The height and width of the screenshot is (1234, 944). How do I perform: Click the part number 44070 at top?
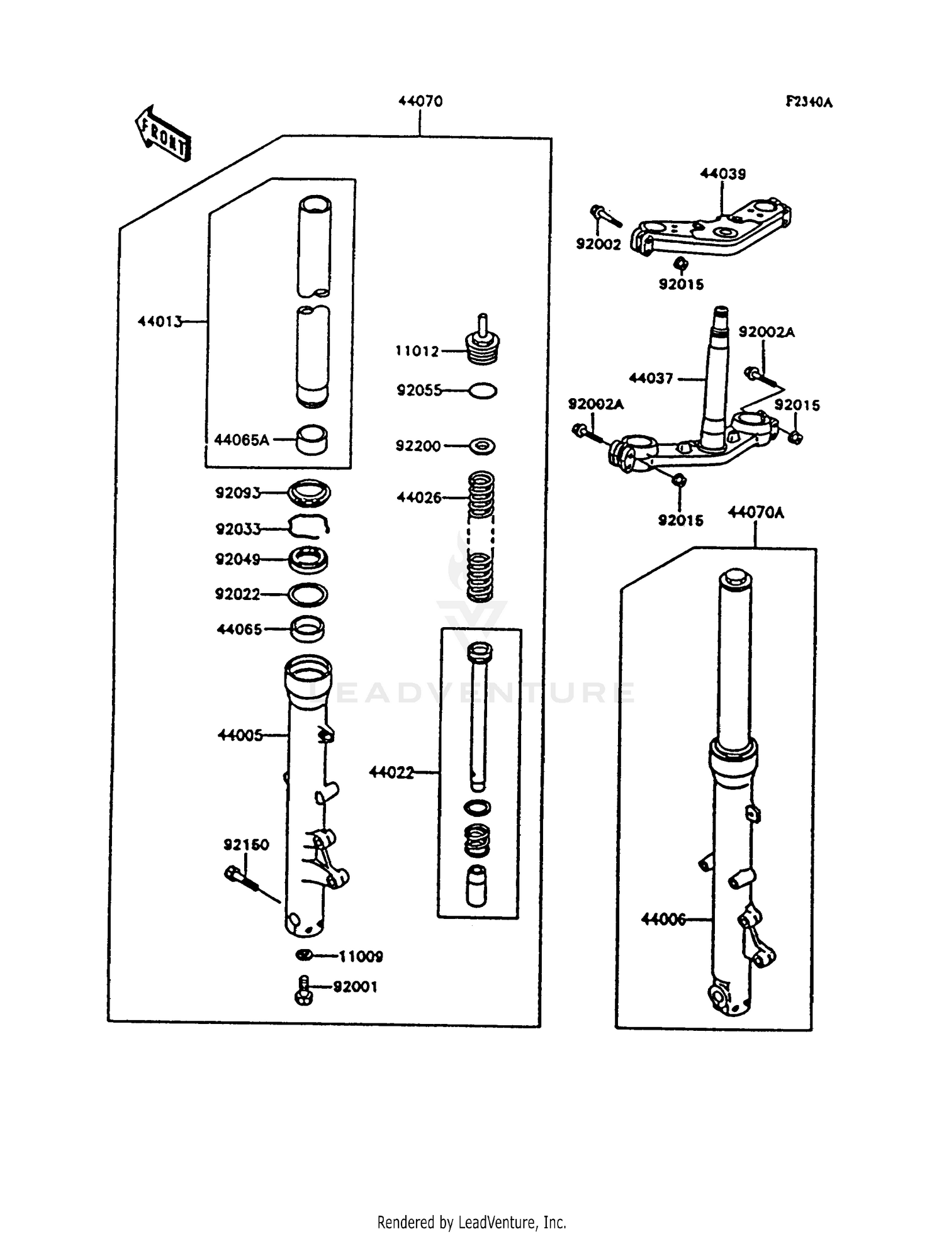(x=420, y=101)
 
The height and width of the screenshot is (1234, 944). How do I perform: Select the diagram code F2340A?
(x=809, y=102)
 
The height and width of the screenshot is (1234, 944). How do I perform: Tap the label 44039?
(x=722, y=174)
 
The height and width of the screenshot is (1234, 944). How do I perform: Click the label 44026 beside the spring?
(x=419, y=497)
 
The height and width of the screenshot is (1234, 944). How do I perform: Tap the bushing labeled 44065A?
(x=312, y=440)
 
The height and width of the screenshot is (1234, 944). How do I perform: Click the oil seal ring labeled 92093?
(x=309, y=492)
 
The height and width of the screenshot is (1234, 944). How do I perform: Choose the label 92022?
(x=237, y=594)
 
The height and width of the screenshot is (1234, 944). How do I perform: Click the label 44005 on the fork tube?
(x=240, y=735)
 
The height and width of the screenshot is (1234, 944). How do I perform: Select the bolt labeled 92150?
(x=239, y=875)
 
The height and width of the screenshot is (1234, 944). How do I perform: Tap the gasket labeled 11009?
(x=303, y=955)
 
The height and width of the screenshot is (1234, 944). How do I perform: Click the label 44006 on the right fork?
(x=663, y=919)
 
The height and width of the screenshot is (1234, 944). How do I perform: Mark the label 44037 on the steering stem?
(x=651, y=378)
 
